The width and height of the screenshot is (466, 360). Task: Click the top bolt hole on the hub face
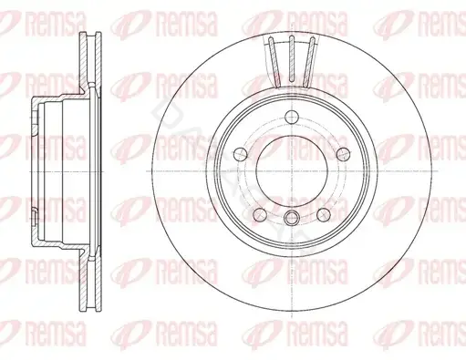292,117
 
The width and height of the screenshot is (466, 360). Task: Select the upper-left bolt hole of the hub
241,154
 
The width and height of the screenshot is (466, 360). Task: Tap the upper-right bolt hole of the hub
343,154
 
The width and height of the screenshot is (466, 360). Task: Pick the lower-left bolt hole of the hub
260,214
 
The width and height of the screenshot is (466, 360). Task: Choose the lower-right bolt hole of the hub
324,214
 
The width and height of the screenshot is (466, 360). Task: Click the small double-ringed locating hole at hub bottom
292,217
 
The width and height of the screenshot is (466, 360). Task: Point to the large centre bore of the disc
292,170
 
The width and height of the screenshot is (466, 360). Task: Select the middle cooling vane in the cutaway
292,58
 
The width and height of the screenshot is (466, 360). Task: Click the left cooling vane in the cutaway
274,62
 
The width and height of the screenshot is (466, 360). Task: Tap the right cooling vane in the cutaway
309,62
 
